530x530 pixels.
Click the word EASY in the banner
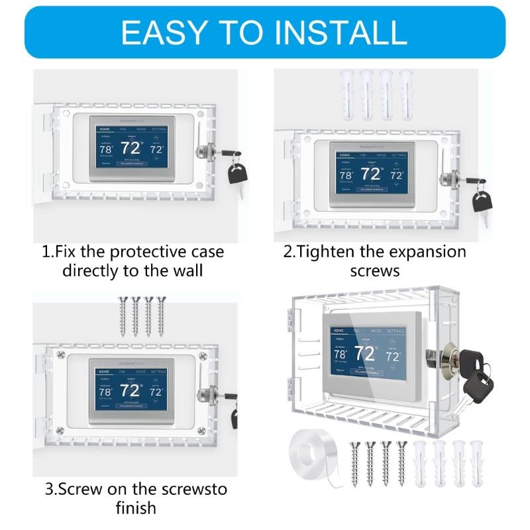pos(163,31)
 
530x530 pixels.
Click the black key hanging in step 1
pos(237,174)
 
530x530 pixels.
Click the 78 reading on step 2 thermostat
pos(346,176)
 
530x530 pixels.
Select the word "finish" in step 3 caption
pos(134,508)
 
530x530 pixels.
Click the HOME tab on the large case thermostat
pos(340,329)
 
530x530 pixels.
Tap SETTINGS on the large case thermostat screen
pos(395,330)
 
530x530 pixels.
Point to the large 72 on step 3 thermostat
pos(130,391)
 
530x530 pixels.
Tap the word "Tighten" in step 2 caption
pos(331,252)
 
